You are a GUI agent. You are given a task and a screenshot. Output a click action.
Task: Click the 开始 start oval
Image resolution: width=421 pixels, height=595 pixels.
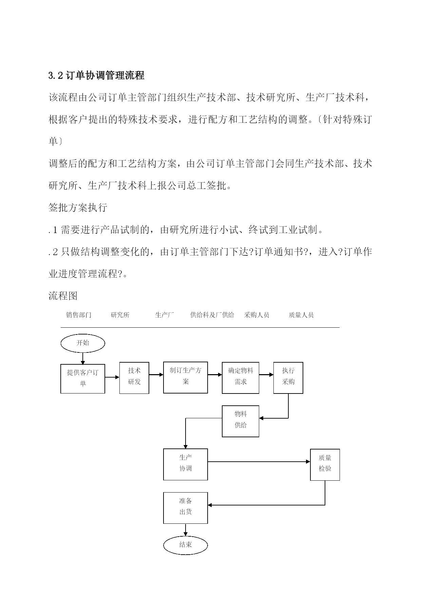pos(83,343)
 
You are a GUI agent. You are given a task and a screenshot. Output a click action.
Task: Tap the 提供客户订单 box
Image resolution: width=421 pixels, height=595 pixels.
pos(83,379)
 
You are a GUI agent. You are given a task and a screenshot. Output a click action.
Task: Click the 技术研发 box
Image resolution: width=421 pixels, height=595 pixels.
pos(134,378)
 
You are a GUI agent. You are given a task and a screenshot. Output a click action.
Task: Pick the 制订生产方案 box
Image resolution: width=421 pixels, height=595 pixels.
pos(186,378)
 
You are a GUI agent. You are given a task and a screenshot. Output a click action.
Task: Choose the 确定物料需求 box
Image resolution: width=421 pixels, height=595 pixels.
pos(241,378)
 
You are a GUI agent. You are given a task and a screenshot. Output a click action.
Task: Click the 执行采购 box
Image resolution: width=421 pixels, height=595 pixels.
pos(288,378)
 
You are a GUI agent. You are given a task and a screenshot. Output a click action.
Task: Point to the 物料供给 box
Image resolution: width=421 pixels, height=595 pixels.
pos(241,421)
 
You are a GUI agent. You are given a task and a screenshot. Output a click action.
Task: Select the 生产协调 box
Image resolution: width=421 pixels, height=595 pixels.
pos(186,464)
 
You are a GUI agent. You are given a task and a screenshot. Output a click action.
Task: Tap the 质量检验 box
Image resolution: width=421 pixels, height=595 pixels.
pos(325,465)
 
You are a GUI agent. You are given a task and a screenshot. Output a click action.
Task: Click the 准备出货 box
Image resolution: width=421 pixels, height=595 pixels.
pos(186,508)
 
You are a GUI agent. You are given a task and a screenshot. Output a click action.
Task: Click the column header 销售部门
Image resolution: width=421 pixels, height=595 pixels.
pos(79,315)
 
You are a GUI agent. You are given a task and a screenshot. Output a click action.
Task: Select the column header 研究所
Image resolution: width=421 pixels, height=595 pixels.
pos(120,315)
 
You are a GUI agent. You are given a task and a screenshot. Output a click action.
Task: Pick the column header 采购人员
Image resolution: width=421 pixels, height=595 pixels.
pos(257,315)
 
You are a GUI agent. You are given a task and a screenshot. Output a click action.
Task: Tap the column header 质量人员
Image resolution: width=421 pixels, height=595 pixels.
pos(301,315)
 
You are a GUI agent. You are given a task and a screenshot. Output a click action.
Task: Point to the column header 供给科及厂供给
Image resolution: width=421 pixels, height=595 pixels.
pos(212,315)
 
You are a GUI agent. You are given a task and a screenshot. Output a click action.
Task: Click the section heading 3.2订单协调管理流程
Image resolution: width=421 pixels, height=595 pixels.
pos(96,75)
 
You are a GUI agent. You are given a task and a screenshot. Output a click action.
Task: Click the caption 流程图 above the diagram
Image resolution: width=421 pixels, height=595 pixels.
pos(63,296)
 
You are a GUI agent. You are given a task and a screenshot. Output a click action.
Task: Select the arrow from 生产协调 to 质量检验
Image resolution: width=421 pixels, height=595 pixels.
pos(259,462)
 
